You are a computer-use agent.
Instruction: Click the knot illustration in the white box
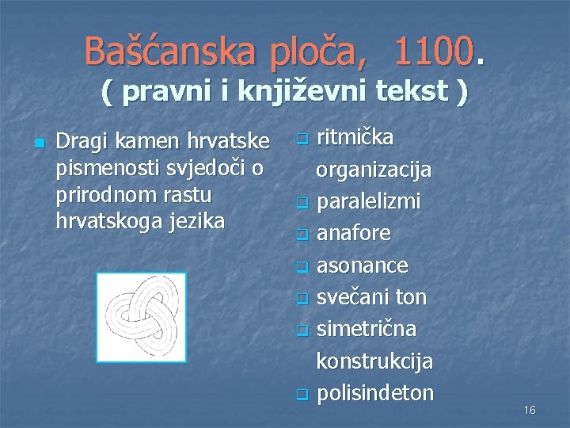(x=141, y=317)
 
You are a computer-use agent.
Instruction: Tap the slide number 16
(x=530, y=410)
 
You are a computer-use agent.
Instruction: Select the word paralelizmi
(x=368, y=202)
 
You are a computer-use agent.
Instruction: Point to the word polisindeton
(x=375, y=393)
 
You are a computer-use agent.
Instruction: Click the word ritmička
(x=355, y=138)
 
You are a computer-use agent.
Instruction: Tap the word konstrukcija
(x=374, y=361)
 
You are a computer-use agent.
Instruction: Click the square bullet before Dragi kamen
(x=38, y=143)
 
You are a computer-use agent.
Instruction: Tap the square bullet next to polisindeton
(x=301, y=395)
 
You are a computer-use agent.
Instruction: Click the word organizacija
(x=374, y=170)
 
